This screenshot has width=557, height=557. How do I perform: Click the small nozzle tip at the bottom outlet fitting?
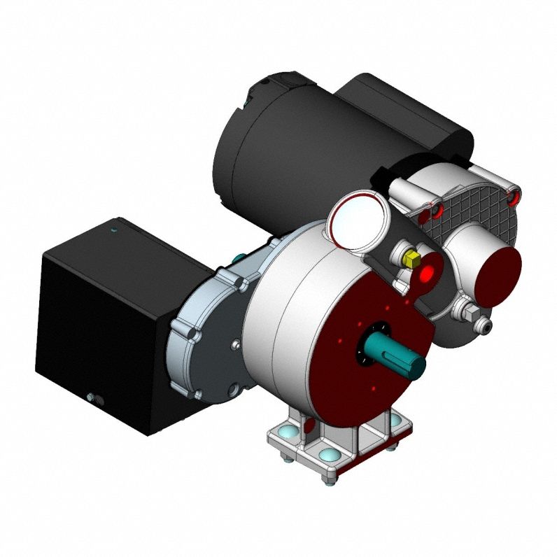[x=484, y=326]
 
